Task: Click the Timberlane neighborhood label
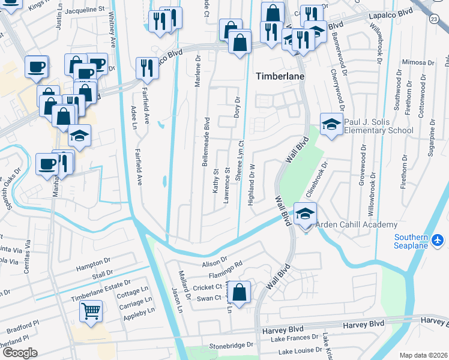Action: tap(280, 77)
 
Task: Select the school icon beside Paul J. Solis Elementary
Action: tap(330, 125)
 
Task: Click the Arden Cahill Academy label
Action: tap(358, 224)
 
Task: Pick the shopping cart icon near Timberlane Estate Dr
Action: tap(91, 311)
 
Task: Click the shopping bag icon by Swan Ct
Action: tap(240, 293)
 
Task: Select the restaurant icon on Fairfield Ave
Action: tap(147, 68)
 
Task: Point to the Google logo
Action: tap(20, 352)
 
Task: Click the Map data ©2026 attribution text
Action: tap(423, 355)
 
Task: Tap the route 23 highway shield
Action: tap(433, 20)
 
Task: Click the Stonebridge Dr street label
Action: tap(231, 346)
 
